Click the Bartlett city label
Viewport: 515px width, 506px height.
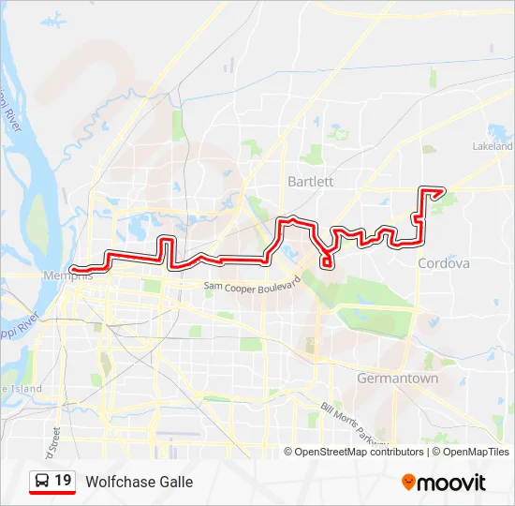pyautogui.click(x=310, y=180)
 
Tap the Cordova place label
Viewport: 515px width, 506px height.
pyautogui.click(x=444, y=264)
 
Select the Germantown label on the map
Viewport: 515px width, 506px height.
pyautogui.click(x=397, y=379)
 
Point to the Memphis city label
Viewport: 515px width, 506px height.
pyautogui.click(x=67, y=276)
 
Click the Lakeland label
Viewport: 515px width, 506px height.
pyautogui.click(x=494, y=147)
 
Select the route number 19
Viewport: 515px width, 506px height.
pyautogui.click(x=63, y=481)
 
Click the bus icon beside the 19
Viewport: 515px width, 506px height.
pyautogui.click(x=42, y=482)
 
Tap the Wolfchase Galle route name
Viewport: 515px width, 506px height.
pyautogui.click(x=139, y=482)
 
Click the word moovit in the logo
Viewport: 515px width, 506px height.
pyautogui.click(x=451, y=483)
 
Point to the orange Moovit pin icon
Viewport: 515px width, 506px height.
pyautogui.click(x=408, y=482)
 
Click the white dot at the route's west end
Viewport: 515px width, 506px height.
pyautogui.click(x=72, y=270)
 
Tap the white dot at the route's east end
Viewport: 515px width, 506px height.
pyautogui.click(x=441, y=191)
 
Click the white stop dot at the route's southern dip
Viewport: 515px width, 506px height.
pyautogui.click(x=326, y=263)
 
